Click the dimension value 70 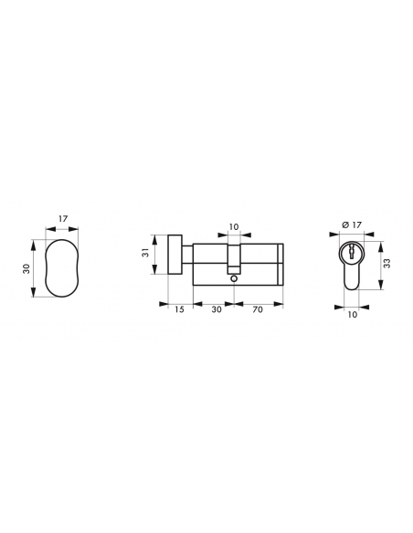click(258, 309)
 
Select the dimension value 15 click(179, 309)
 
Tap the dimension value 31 click(145, 253)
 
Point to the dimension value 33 click(387, 264)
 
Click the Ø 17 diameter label click(352, 225)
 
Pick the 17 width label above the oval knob click(63, 218)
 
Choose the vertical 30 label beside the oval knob click(26, 268)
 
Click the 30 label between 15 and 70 click(217, 309)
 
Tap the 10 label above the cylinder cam click(234, 226)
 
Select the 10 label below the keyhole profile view click(353, 315)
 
